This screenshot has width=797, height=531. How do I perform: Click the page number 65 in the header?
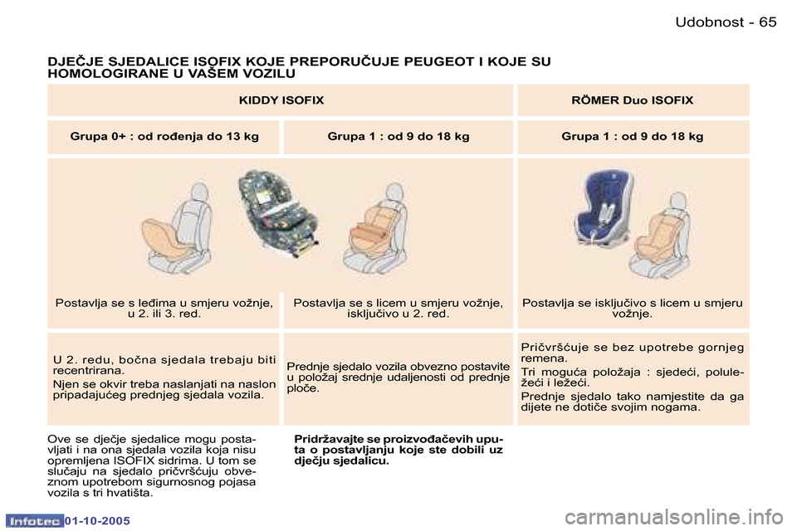767,22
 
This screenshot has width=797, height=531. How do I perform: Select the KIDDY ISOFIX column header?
281,100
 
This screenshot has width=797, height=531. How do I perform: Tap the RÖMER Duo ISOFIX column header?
633,100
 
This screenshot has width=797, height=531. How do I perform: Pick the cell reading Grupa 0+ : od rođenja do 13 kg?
164,136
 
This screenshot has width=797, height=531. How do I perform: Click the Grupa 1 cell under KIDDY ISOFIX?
398,136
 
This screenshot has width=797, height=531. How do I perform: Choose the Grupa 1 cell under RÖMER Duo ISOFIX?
633,136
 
